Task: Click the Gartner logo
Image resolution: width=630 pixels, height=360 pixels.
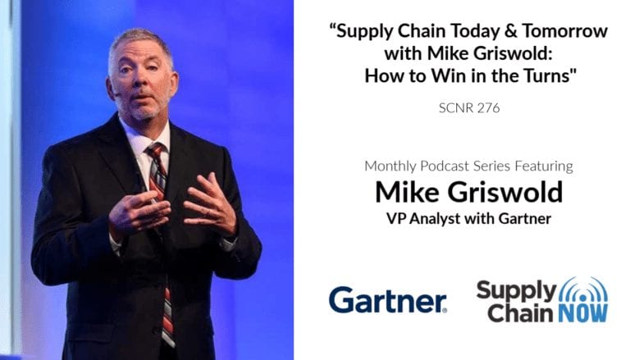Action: [x=388, y=300]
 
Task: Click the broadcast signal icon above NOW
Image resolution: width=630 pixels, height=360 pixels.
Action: [x=583, y=289]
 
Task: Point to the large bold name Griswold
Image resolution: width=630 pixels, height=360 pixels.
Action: [x=505, y=192]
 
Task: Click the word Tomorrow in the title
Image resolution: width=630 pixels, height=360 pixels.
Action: [x=565, y=31]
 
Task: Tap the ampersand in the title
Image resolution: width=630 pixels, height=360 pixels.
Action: [x=510, y=31]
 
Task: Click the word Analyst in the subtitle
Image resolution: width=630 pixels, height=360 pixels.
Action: [x=435, y=219]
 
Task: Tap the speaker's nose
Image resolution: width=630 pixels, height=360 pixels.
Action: [x=140, y=82]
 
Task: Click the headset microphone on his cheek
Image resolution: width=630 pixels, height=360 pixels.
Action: [x=118, y=95]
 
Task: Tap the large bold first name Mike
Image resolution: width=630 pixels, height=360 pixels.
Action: [x=408, y=192]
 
